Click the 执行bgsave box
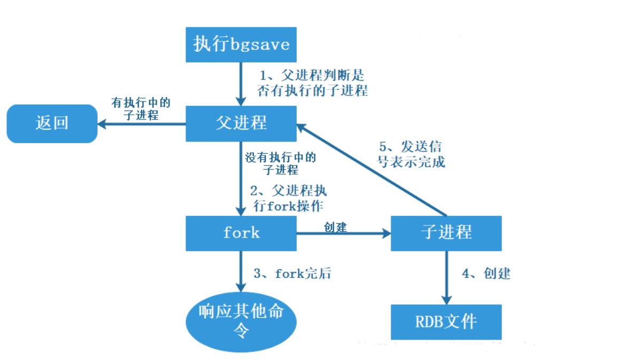(x=241, y=44)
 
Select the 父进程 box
(x=241, y=123)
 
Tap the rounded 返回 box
(x=52, y=123)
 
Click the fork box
(x=241, y=233)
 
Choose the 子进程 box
(x=446, y=233)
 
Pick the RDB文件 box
(x=446, y=322)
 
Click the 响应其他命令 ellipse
(x=241, y=321)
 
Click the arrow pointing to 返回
(x=142, y=124)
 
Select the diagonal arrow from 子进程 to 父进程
(x=374, y=171)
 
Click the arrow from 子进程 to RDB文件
(x=446, y=278)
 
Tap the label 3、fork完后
(x=292, y=274)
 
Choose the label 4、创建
(x=486, y=274)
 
